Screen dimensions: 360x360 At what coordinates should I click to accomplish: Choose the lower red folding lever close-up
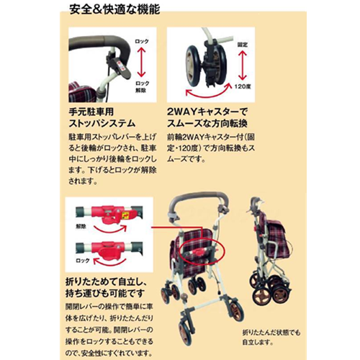pyautogui.click(x=108, y=252)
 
